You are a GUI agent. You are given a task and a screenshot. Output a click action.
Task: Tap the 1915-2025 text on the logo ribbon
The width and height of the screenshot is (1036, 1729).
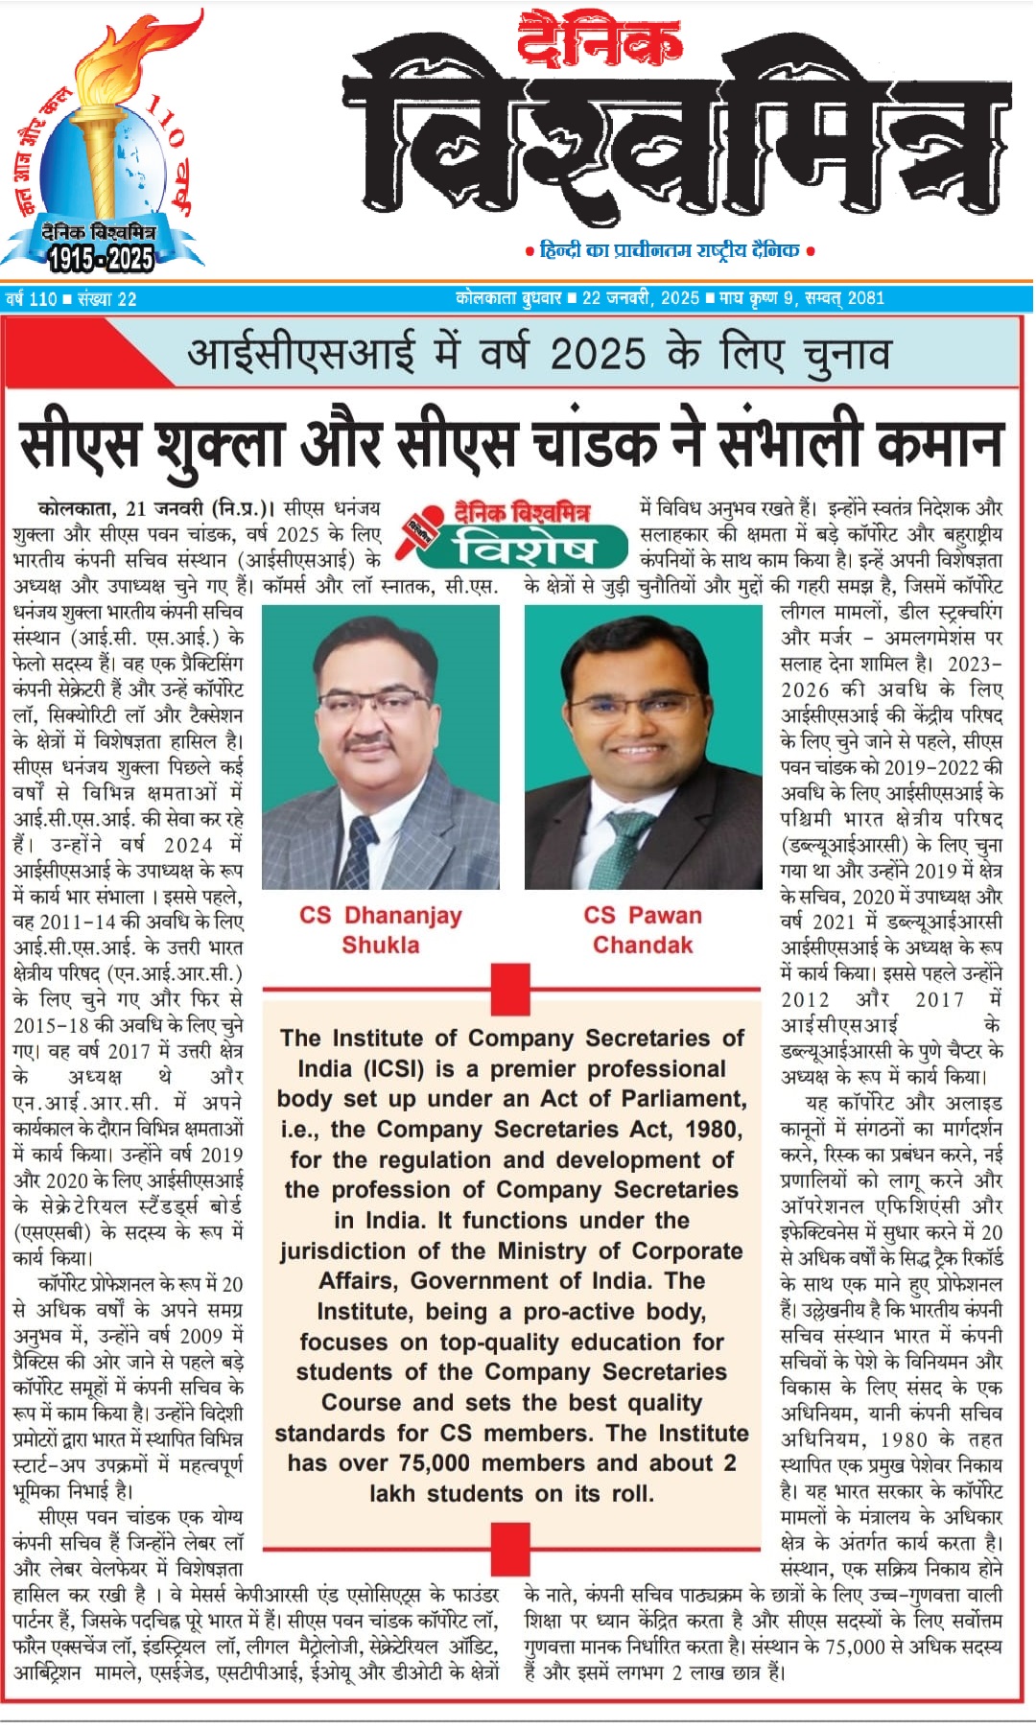101,258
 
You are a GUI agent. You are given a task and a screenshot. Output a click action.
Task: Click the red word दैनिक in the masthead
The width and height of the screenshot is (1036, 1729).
600,41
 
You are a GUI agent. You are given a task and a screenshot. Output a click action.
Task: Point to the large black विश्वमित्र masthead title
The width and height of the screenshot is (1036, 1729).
677,134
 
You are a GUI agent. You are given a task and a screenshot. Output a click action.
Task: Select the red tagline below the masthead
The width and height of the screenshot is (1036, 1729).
670,250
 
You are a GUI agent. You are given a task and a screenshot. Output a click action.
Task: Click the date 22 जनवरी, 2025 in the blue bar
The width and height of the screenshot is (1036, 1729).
640,298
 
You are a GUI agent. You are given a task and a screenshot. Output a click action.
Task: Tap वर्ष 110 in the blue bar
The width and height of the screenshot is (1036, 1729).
32,299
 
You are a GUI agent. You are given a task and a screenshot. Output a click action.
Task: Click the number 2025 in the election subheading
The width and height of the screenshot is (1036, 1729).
597,354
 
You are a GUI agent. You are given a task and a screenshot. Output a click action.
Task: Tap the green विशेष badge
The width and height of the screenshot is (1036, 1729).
525,548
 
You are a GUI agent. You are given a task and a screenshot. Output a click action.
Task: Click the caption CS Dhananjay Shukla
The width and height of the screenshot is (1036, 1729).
381,929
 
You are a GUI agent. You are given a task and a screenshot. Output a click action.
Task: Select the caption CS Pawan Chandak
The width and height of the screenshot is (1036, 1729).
643,929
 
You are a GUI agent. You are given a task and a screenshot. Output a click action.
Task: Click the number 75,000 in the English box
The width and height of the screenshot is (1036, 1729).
428,1463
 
